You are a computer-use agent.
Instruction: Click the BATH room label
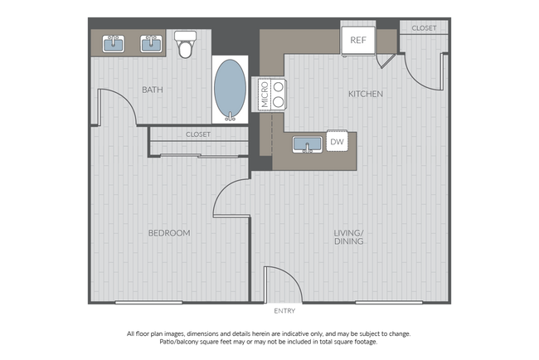click(152, 90)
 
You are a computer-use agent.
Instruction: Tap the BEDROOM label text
click(169, 233)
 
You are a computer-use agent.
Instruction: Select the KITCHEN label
click(365, 94)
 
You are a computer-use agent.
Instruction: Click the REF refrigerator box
click(358, 39)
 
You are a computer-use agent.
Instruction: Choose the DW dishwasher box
click(337, 143)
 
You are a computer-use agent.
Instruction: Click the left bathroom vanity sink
click(114, 42)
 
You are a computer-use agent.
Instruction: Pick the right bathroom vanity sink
click(151, 42)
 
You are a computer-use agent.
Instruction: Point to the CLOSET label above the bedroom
click(198, 134)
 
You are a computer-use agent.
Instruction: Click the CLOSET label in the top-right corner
click(424, 27)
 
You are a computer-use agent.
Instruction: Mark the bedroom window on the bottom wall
click(149, 303)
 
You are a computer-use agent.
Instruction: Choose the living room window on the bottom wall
click(387, 303)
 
